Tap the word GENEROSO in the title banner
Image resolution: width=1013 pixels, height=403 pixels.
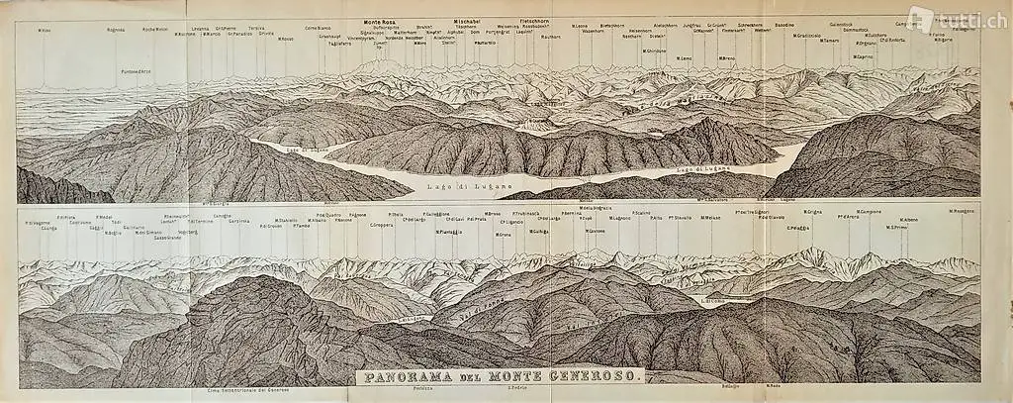pyautogui.click(x=599, y=376)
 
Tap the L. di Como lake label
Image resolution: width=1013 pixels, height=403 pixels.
pyautogui.click(x=714, y=299)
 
